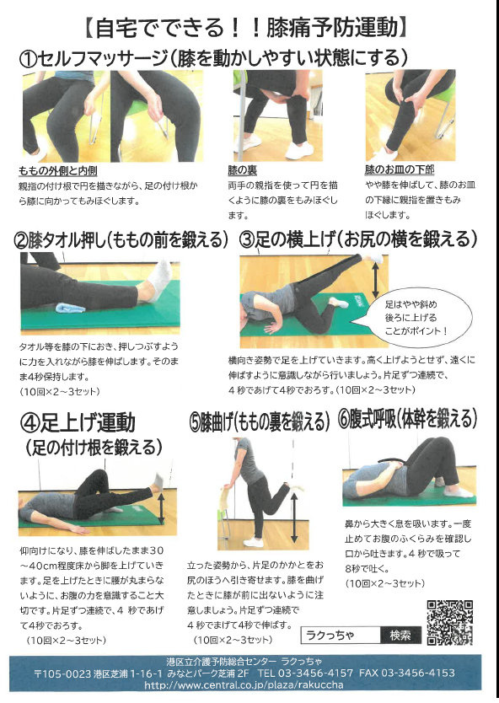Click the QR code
449,622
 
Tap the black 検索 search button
400,635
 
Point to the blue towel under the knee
72,308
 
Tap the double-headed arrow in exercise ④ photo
161,508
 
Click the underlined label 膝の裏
242,170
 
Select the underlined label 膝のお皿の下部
400,169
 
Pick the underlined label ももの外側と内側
58,171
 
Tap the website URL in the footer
244,685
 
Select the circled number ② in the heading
21,241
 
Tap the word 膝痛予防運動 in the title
332,27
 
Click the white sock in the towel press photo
158,280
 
